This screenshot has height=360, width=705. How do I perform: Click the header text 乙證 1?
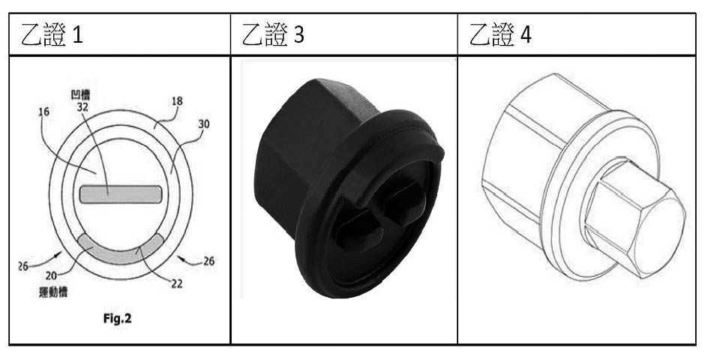coord(52,34)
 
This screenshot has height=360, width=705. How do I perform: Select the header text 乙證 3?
coord(273,34)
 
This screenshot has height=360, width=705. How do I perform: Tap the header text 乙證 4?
coord(500,34)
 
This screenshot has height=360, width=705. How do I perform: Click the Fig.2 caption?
coord(117,319)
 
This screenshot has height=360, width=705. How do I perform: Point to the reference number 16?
coord(43,112)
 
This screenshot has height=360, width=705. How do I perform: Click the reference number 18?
coord(177,101)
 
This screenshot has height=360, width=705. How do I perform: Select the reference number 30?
coord(204,124)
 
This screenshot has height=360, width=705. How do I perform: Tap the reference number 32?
coord(83,108)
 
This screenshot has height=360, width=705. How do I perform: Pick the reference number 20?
coord(51,275)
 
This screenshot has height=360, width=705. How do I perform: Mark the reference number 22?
coord(176,283)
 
